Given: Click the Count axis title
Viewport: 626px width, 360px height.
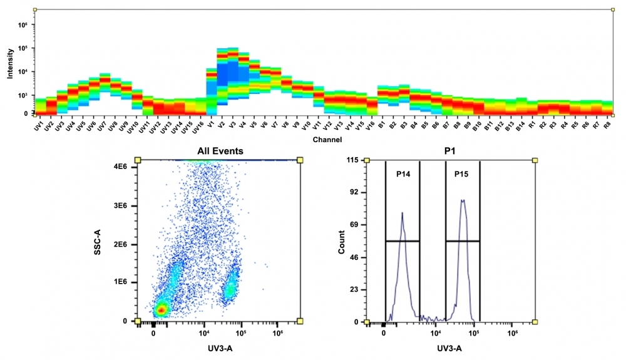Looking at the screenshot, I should tap(342, 241).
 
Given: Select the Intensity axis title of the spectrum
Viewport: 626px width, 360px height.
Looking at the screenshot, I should tap(9, 65).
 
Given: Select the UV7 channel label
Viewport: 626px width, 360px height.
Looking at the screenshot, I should tap(103, 125).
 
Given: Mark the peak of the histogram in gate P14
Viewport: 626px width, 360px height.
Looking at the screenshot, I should tap(402, 213).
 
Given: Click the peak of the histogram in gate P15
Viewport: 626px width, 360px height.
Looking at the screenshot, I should tap(462, 200).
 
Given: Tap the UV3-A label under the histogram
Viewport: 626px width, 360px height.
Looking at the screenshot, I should tap(449, 349).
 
